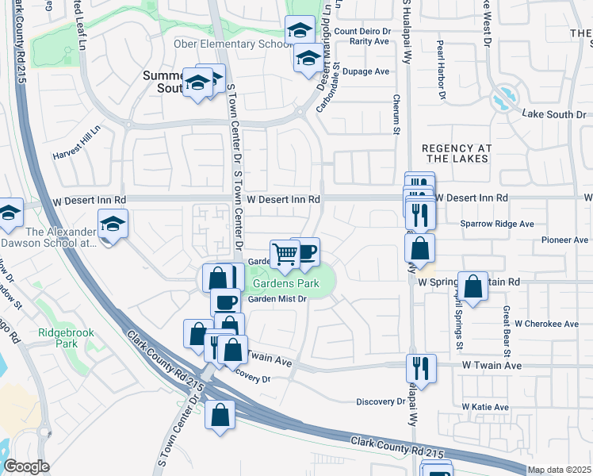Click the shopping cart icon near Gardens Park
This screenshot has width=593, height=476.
285,254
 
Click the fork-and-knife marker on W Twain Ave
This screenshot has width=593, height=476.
420,367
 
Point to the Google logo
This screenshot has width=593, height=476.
27,466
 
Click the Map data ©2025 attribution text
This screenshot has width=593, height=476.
560,470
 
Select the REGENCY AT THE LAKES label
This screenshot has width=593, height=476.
457,154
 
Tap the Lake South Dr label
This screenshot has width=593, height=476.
553,115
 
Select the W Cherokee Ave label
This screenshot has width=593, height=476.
547,324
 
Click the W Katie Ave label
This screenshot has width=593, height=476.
485,407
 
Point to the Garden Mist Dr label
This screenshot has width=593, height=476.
277,299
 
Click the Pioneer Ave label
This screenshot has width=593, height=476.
564,240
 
